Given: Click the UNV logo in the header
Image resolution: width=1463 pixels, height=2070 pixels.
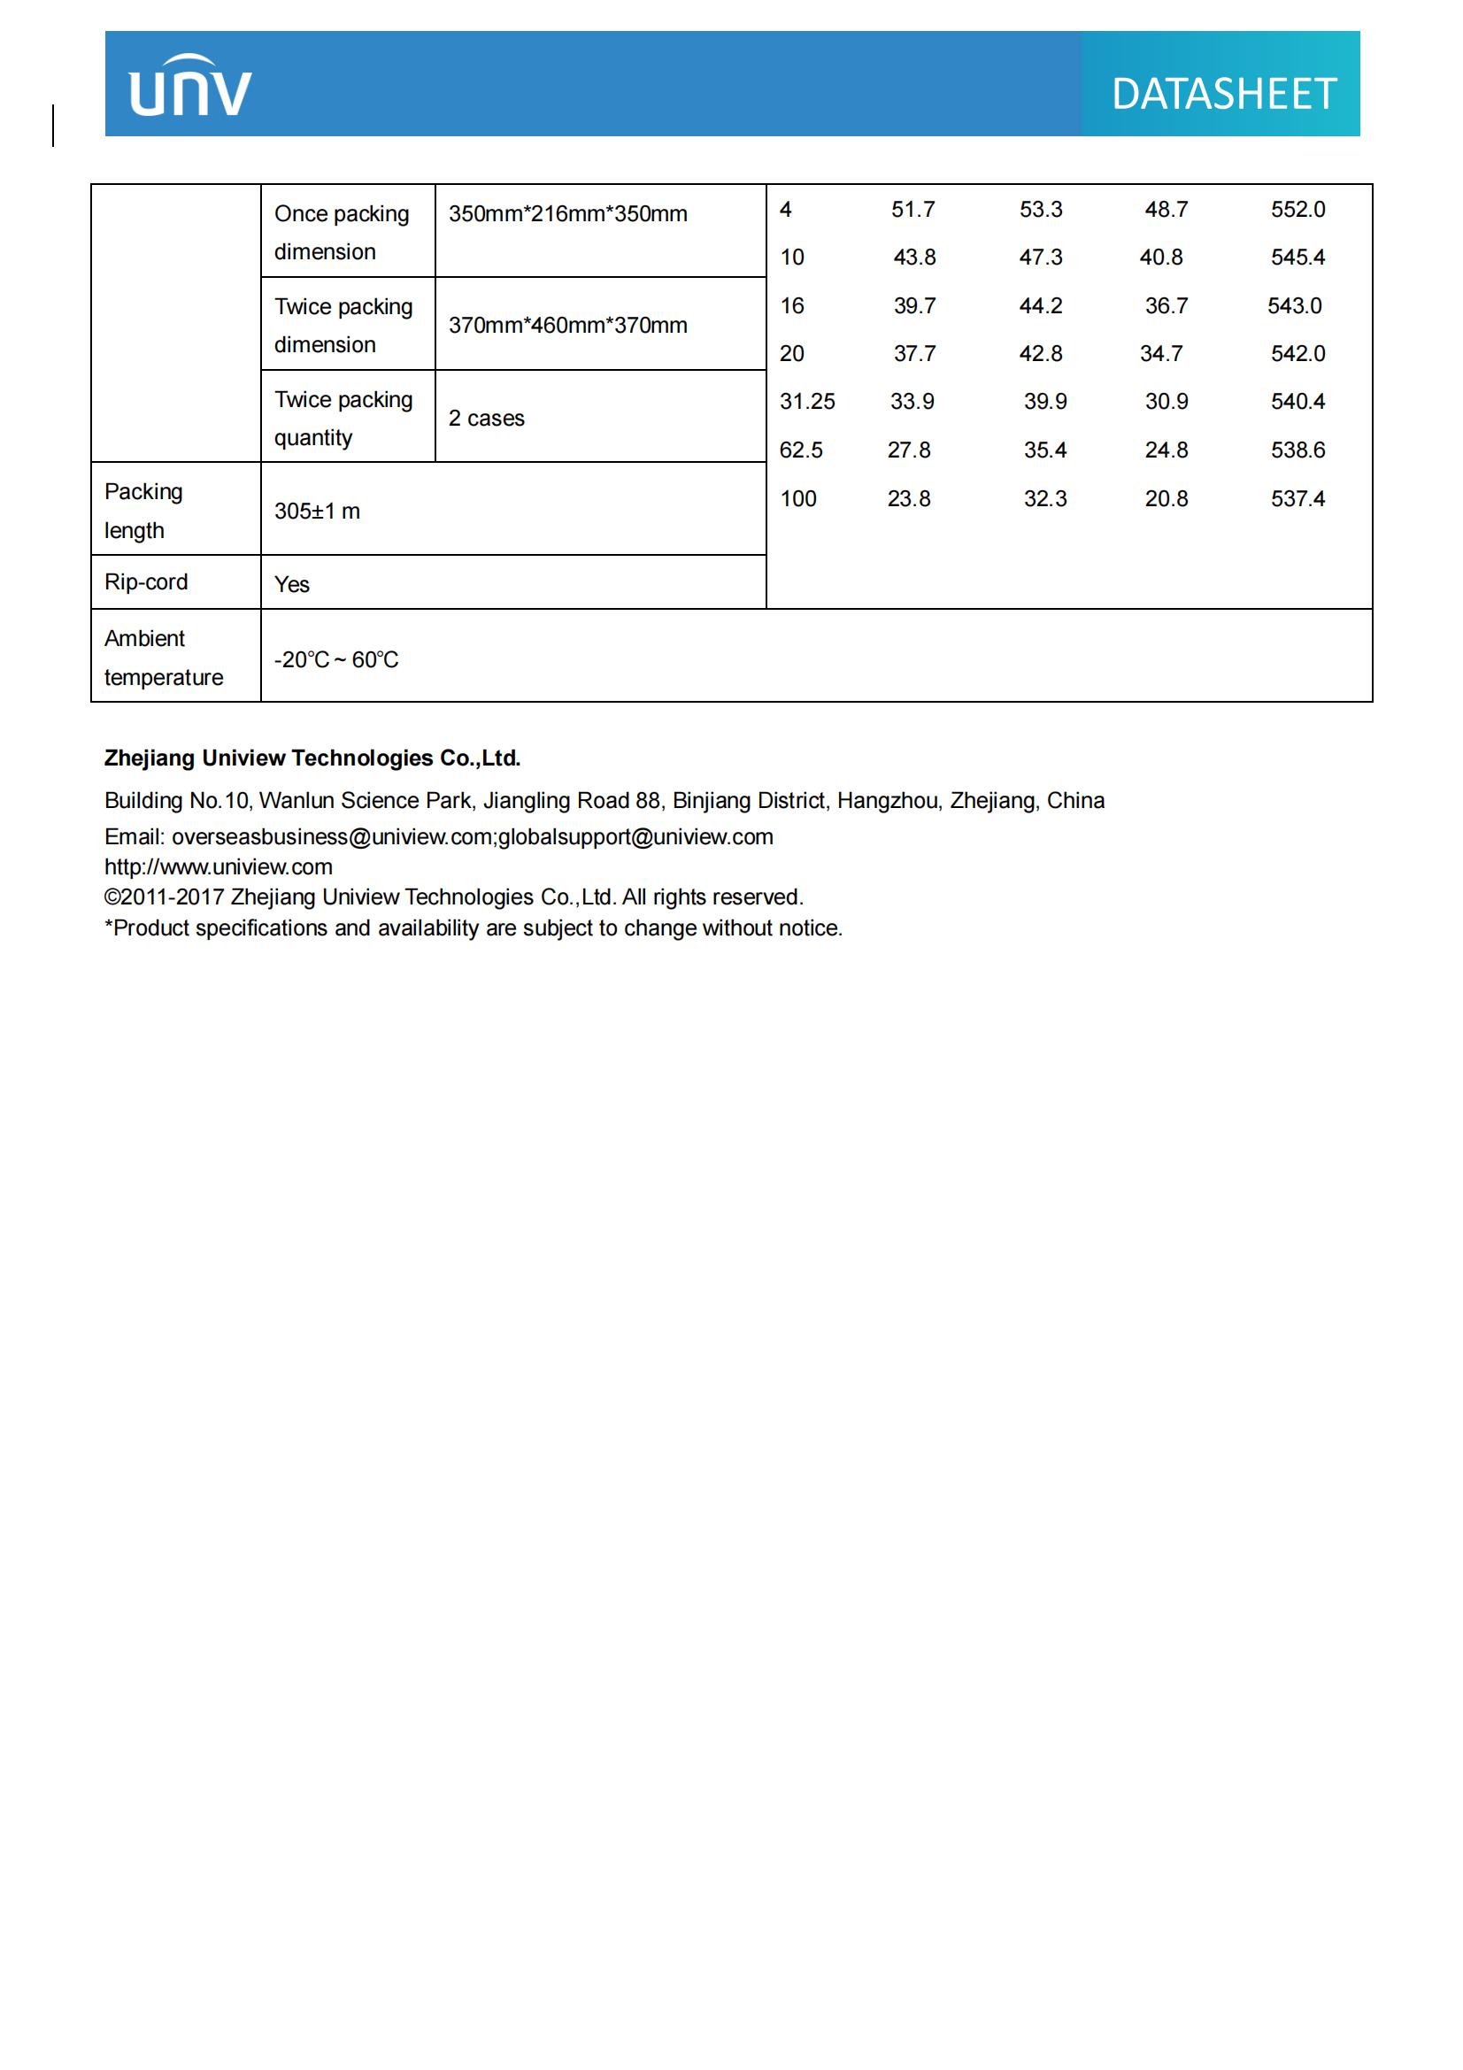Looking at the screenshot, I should (x=190, y=87).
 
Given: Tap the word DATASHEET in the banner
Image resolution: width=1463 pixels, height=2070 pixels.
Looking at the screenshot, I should (x=1223, y=95).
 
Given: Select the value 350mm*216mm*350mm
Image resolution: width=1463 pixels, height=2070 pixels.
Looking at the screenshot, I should (x=568, y=214).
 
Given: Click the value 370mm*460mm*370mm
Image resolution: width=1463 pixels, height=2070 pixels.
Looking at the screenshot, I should (x=568, y=326).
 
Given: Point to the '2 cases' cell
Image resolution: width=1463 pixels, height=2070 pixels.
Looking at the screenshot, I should (x=486, y=419).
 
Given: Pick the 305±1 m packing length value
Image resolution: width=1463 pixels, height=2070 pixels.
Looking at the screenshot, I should (x=318, y=512).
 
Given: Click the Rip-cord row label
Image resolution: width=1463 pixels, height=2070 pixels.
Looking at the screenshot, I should (x=146, y=582).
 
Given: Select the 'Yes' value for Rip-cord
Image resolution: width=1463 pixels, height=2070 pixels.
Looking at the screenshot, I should (x=292, y=585).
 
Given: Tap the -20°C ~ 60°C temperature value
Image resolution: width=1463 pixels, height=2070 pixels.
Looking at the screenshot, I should (x=336, y=660).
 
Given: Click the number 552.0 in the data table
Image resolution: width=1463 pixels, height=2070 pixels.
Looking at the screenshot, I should (x=1297, y=210).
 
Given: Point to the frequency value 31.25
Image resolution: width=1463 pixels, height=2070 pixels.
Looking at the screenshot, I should (x=807, y=402).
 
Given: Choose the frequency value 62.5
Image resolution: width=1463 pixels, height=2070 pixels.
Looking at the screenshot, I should (x=800, y=450).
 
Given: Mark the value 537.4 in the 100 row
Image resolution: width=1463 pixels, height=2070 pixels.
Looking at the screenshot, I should (x=1297, y=498).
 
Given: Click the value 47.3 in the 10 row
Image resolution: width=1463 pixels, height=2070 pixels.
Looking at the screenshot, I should (x=1040, y=258).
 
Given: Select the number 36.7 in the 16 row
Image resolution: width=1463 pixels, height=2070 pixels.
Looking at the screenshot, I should (x=1166, y=306).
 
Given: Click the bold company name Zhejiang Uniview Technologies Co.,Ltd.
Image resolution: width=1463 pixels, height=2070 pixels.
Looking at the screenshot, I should (x=312, y=758).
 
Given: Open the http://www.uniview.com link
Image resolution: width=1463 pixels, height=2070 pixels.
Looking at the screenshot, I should (x=218, y=867).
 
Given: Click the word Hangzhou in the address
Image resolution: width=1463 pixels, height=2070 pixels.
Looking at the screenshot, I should (x=889, y=801).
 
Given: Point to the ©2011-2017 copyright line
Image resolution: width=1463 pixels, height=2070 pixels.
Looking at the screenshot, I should (x=453, y=897).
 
